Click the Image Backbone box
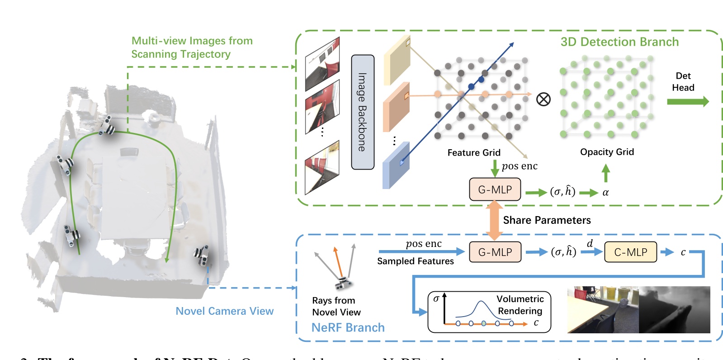coord(363,112)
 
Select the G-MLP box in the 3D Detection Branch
coord(495,189)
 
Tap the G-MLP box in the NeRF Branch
coord(495,252)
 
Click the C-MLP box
coord(630,252)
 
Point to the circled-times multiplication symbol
coord(543,99)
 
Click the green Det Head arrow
coord(687,102)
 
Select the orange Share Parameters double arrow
coord(494,220)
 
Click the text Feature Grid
coord(473,153)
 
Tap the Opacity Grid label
coord(607,152)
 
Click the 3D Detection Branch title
coord(619,42)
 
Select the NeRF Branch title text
coord(348,327)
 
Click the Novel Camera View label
coord(224,311)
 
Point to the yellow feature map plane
coord(397,61)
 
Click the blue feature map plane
coord(396,166)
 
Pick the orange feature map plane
coord(396,108)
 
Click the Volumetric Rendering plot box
coord(489,312)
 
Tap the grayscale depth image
coord(674,310)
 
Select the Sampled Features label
coord(415,261)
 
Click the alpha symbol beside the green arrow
coord(605,193)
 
